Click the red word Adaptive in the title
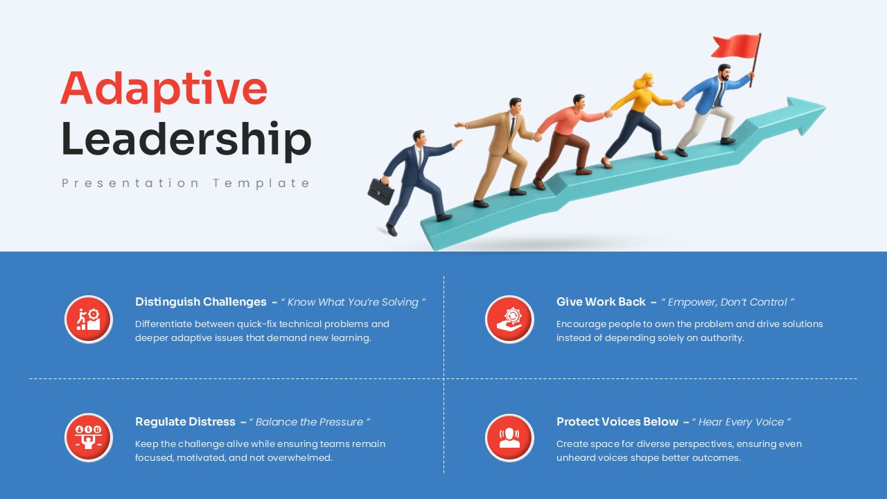click(164, 88)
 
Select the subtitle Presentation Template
click(186, 183)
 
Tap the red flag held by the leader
click(735, 46)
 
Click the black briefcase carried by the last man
click(380, 191)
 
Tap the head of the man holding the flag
click(723, 71)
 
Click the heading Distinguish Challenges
click(201, 302)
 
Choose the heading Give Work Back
click(601, 302)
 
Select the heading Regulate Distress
click(186, 422)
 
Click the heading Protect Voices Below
click(617, 422)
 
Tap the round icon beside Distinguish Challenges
click(89, 319)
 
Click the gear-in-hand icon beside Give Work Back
click(509, 319)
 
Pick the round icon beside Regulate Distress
click(89, 438)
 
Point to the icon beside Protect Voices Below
click(509, 438)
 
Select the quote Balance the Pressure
click(310, 422)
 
